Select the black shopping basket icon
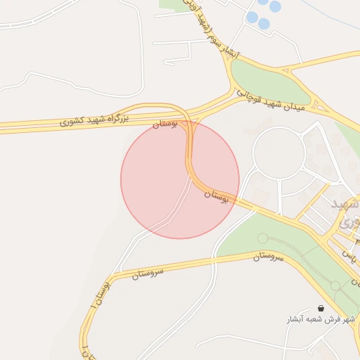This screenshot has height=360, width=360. click(321, 308)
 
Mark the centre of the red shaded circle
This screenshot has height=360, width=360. click(180, 179)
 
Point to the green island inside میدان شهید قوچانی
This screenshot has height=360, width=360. click(271, 82)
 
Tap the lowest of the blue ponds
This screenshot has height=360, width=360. click(264, 24)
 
